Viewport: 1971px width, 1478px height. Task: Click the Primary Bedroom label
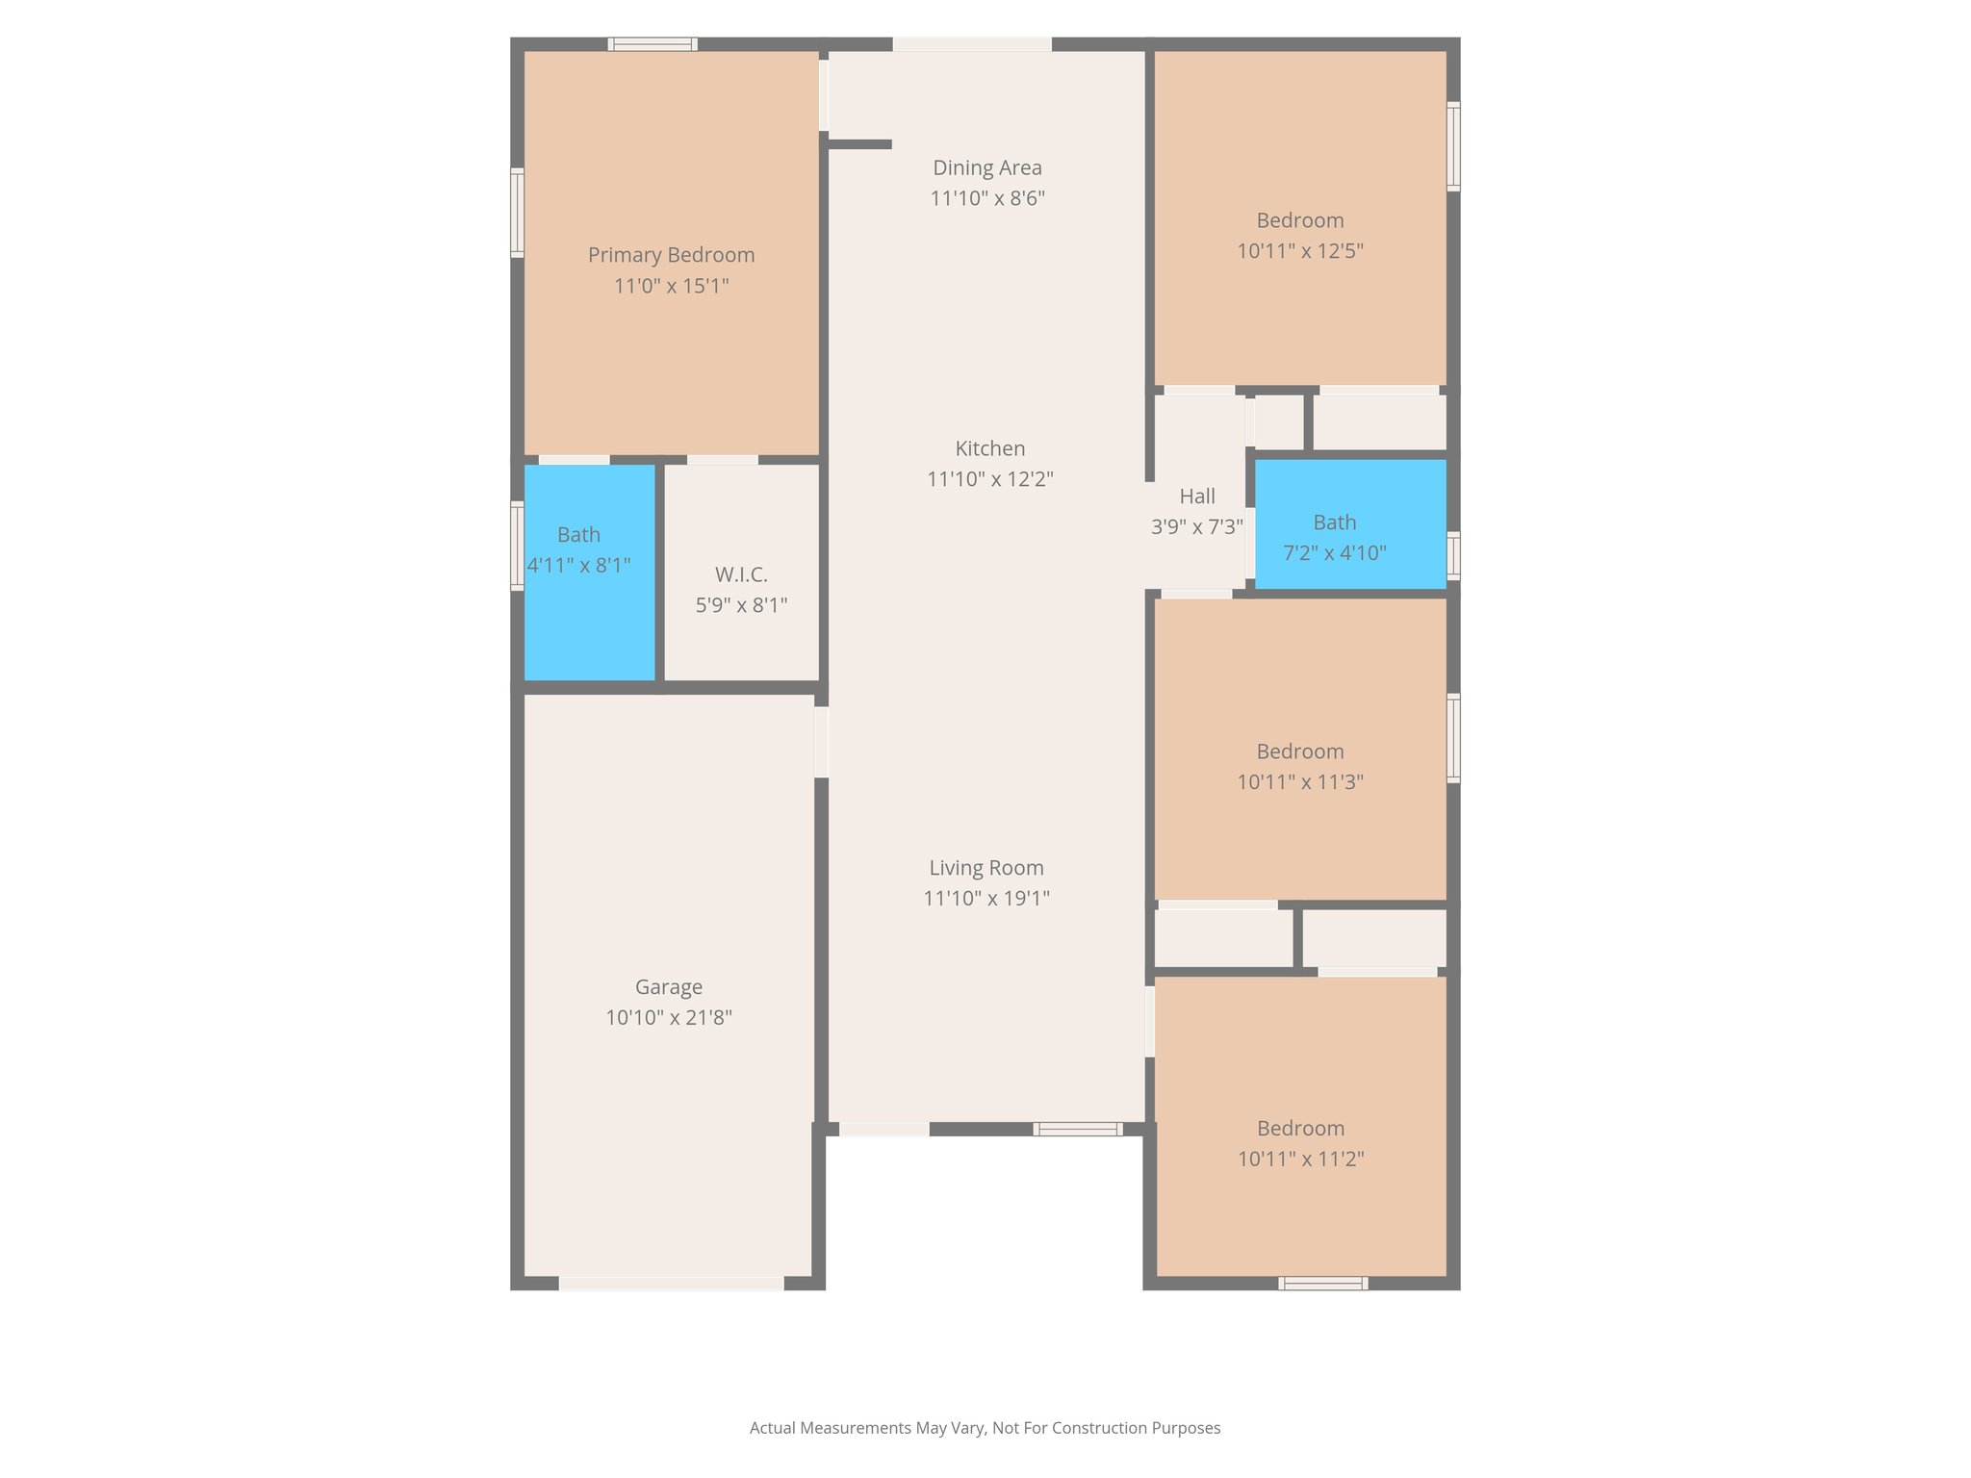671,255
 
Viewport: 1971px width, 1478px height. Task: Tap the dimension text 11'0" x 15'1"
671,286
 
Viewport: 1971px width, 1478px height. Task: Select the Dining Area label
986,167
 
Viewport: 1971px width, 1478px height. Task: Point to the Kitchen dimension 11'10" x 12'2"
989,479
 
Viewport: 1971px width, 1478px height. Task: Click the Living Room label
985,868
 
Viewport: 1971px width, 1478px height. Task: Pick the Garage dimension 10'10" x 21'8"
668,1018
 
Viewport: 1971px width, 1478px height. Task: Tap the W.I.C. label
741,575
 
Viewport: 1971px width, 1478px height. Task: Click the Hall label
1196,497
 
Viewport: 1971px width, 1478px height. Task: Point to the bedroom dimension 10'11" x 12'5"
1299,251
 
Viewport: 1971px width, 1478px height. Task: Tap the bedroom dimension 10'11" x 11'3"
1299,782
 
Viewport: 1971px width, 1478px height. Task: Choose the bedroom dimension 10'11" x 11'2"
1300,1159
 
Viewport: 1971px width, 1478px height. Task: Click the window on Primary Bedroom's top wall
653,44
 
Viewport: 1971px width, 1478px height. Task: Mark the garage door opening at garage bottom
671,1283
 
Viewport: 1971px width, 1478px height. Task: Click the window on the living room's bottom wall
1077,1129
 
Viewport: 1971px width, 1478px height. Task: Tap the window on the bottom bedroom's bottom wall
1322,1283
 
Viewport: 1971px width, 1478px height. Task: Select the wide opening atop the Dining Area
971,44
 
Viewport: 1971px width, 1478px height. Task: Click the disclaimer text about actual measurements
985,1428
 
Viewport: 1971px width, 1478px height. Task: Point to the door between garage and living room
821,742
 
